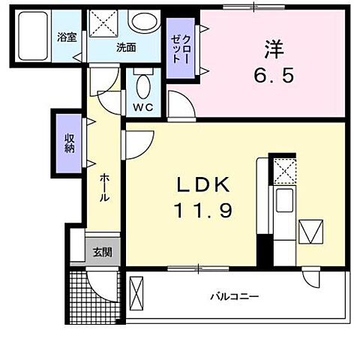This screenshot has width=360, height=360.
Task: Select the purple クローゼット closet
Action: [180, 49]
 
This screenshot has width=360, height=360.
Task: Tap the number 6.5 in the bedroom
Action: [271, 75]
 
